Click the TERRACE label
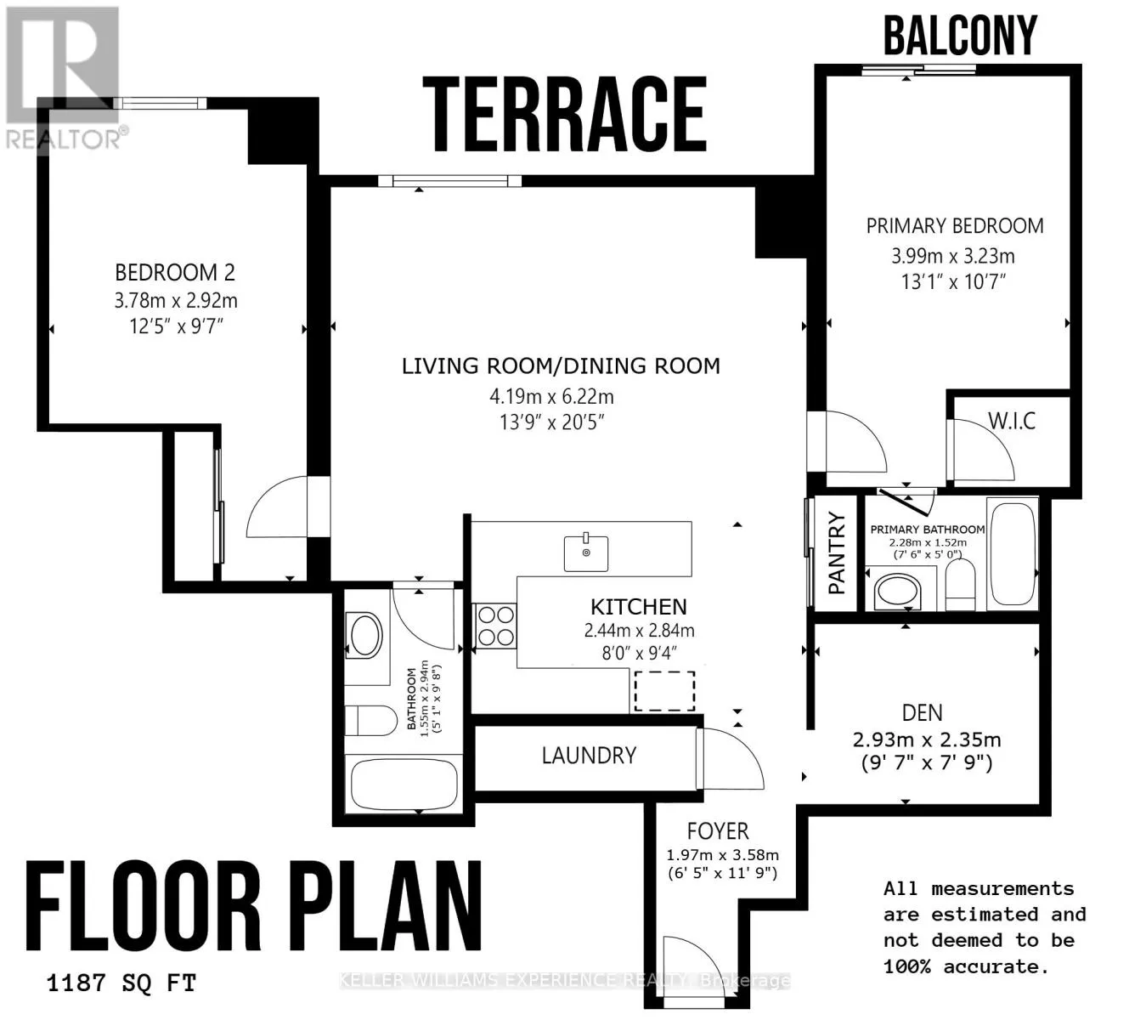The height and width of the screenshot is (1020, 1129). [564, 115]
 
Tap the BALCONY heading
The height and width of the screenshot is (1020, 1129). [960, 35]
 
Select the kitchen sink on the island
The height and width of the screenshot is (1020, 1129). [586, 552]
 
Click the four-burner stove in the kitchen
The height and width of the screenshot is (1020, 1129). [496, 626]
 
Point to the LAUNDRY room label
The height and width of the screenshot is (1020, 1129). [589, 756]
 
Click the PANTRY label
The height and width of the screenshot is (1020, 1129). [837, 553]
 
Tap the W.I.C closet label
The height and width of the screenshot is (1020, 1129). [1012, 421]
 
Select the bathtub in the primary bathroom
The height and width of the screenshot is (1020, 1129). [1013, 553]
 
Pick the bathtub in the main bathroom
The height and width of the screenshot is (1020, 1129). [404, 784]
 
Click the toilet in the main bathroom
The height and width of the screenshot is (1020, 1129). [371, 721]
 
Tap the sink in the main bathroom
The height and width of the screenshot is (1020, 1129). [366, 635]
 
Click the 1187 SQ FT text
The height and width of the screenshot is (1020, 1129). [121, 984]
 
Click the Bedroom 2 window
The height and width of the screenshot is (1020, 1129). [159, 103]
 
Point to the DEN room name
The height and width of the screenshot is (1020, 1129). [922, 713]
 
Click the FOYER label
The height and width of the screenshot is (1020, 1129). [718, 831]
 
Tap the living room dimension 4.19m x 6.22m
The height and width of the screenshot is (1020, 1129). [551, 396]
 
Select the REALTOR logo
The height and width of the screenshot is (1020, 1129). [64, 78]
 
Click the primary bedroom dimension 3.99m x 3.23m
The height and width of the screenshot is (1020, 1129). [953, 256]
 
